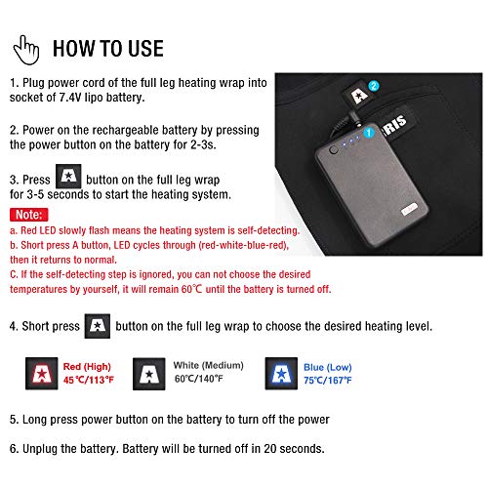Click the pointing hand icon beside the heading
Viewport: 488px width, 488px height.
coord(26,50)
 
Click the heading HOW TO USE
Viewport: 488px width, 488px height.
coord(108,49)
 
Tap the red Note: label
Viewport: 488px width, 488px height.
coord(29,215)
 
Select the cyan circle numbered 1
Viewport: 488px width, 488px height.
coord(369,133)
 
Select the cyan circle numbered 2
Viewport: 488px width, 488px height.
coord(374,86)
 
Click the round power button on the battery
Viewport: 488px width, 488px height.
coord(333,150)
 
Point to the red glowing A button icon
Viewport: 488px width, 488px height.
coord(42,374)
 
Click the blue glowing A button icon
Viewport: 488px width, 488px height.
coord(281,374)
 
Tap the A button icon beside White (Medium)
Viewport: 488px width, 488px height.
coord(148,374)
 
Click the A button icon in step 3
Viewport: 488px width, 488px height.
coord(68,177)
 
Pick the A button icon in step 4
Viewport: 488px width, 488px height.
coord(98,326)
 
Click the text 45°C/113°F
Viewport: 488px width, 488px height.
coord(89,380)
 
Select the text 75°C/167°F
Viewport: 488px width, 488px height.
coord(328,380)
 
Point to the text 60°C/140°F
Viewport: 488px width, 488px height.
coord(199,379)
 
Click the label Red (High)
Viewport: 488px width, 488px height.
coord(87,367)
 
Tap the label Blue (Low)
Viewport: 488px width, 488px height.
coord(328,367)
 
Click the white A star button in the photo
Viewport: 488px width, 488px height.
coord(358,95)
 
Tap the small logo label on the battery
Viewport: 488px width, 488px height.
coord(409,209)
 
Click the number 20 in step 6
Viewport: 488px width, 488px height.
coord(270,449)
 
